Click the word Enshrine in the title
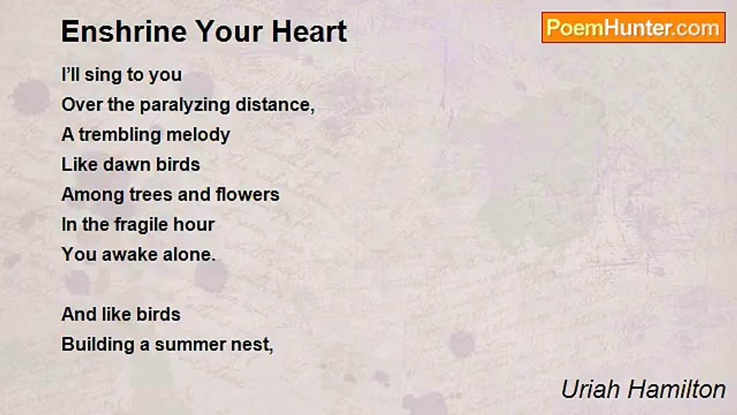(x=124, y=31)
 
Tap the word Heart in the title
(x=309, y=31)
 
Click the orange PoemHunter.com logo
(x=633, y=28)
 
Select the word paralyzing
(x=185, y=105)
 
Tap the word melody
(x=198, y=135)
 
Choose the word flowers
(x=248, y=194)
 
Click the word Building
(x=98, y=345)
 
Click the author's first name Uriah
(x=590, y=389)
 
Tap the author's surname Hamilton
(x=677, y=389)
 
